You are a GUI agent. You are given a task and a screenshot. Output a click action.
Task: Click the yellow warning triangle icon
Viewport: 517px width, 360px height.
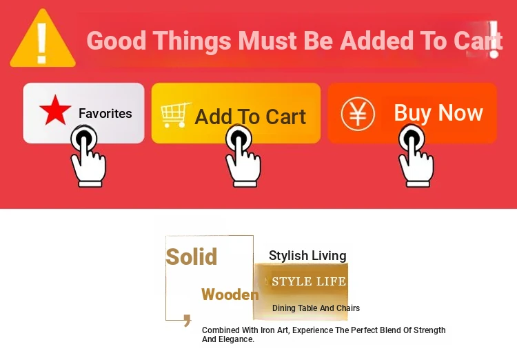[43, 39]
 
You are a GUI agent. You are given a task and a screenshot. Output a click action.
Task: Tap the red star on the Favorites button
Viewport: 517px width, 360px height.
[55, 110]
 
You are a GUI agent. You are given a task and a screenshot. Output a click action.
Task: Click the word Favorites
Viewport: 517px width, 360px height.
[105, 114]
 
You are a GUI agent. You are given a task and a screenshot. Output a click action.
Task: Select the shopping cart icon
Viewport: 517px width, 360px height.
[175, 115]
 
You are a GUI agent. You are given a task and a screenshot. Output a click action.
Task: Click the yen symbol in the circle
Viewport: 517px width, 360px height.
[358, 114]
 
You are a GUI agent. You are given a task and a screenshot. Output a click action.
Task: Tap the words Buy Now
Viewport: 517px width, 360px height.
[438, 113]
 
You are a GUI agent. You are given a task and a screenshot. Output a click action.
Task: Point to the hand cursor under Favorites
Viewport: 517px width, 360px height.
[88, 156]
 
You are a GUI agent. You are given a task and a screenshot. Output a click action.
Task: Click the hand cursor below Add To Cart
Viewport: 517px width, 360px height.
[243, 156]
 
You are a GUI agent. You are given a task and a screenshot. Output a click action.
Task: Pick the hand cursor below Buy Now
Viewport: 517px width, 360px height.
[416, 156]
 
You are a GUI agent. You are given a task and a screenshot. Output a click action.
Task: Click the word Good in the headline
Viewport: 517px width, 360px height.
[116, 41]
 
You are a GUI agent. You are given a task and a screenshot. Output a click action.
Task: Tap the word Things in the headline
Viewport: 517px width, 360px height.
[192, 41]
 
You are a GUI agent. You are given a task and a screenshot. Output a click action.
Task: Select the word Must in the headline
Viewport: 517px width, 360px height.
[267, 41]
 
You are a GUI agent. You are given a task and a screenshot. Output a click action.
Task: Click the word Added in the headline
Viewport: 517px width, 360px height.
[376, 41]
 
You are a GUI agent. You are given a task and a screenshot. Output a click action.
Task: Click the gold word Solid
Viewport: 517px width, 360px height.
[191, 257]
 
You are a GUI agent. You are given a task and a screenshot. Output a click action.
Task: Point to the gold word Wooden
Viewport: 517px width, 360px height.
[230, 294]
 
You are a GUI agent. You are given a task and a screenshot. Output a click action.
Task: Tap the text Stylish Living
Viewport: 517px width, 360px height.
[307, 256]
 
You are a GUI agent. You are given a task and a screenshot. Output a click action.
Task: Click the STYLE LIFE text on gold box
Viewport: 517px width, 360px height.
[309, 281]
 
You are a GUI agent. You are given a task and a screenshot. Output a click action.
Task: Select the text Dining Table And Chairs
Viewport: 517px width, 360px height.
[316, 308]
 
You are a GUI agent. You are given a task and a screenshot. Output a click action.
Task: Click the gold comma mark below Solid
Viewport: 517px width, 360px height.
[187, 321]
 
